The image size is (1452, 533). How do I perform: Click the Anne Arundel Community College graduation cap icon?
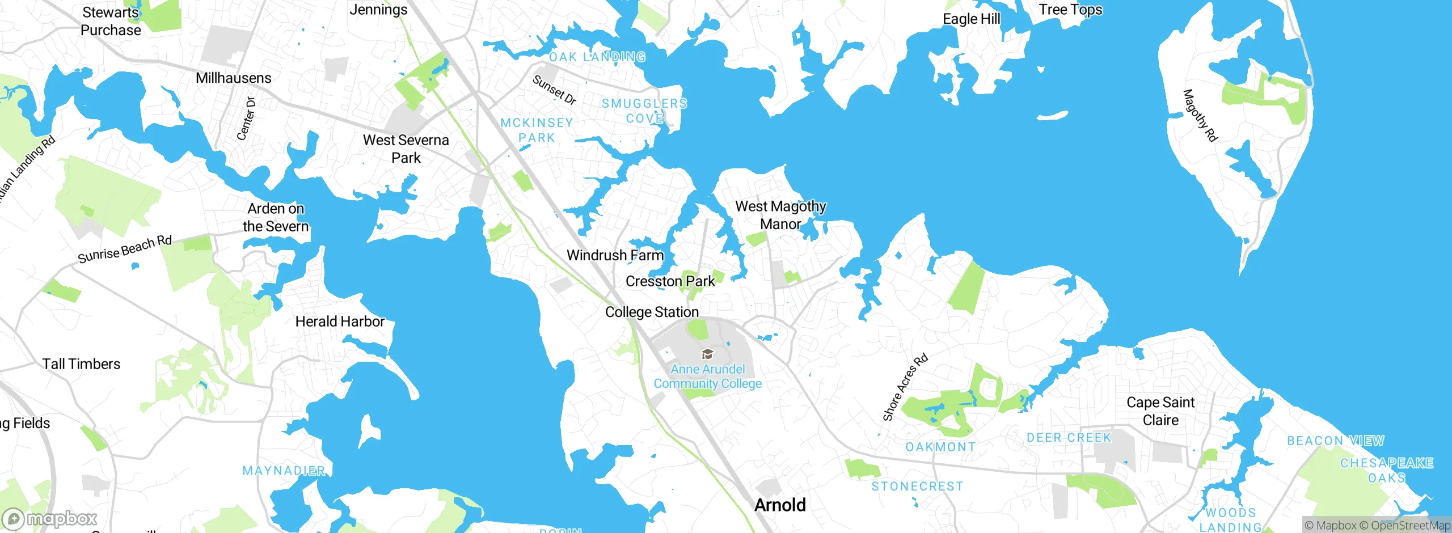(x=707, y=354)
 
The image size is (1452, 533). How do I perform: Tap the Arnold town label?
(x=780, y=505)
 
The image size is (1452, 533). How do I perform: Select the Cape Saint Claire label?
(x=1160, y=411)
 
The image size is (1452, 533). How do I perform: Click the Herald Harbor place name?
(x=340, y=322)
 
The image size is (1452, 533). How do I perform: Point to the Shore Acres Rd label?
(x=905, y=387)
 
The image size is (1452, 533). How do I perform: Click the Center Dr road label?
(x=246, y=119)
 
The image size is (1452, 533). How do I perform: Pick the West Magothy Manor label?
(x=780, y=215)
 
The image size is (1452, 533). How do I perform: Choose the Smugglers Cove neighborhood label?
(x=644, y=111)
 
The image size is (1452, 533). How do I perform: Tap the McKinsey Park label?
(x=537, y=130)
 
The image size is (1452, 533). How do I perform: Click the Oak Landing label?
(x=597, y=57)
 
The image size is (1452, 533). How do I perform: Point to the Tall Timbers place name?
(x=81, y=364)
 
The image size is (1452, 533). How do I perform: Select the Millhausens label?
(x=233, y=78)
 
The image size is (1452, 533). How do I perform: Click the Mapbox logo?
(x=50, y=519)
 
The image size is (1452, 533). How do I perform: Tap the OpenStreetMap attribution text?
(x=1409, y=526)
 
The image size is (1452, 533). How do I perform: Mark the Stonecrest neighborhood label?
(x=917, y=487)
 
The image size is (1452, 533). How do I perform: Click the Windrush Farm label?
(x=615, y=255)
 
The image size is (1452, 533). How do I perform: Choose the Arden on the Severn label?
(x=276, y=217)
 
